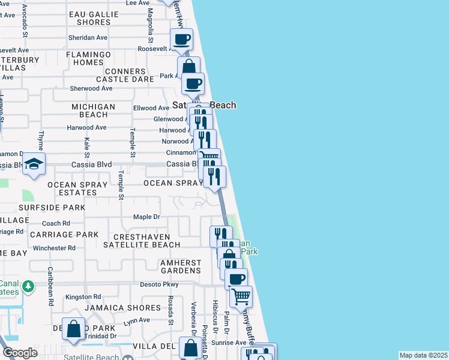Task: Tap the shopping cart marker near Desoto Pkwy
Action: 241,295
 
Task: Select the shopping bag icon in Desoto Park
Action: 73,329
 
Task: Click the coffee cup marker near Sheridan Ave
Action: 181,40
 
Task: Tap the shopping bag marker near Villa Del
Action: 190,348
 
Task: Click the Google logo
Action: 20,353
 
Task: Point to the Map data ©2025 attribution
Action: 423,355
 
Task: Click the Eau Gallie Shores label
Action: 94,18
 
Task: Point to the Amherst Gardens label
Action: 180,266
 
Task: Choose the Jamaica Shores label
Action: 122,308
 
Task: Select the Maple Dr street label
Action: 146,217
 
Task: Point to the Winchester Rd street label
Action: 54,248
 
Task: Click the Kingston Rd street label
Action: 83,297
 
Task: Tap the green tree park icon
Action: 28,287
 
